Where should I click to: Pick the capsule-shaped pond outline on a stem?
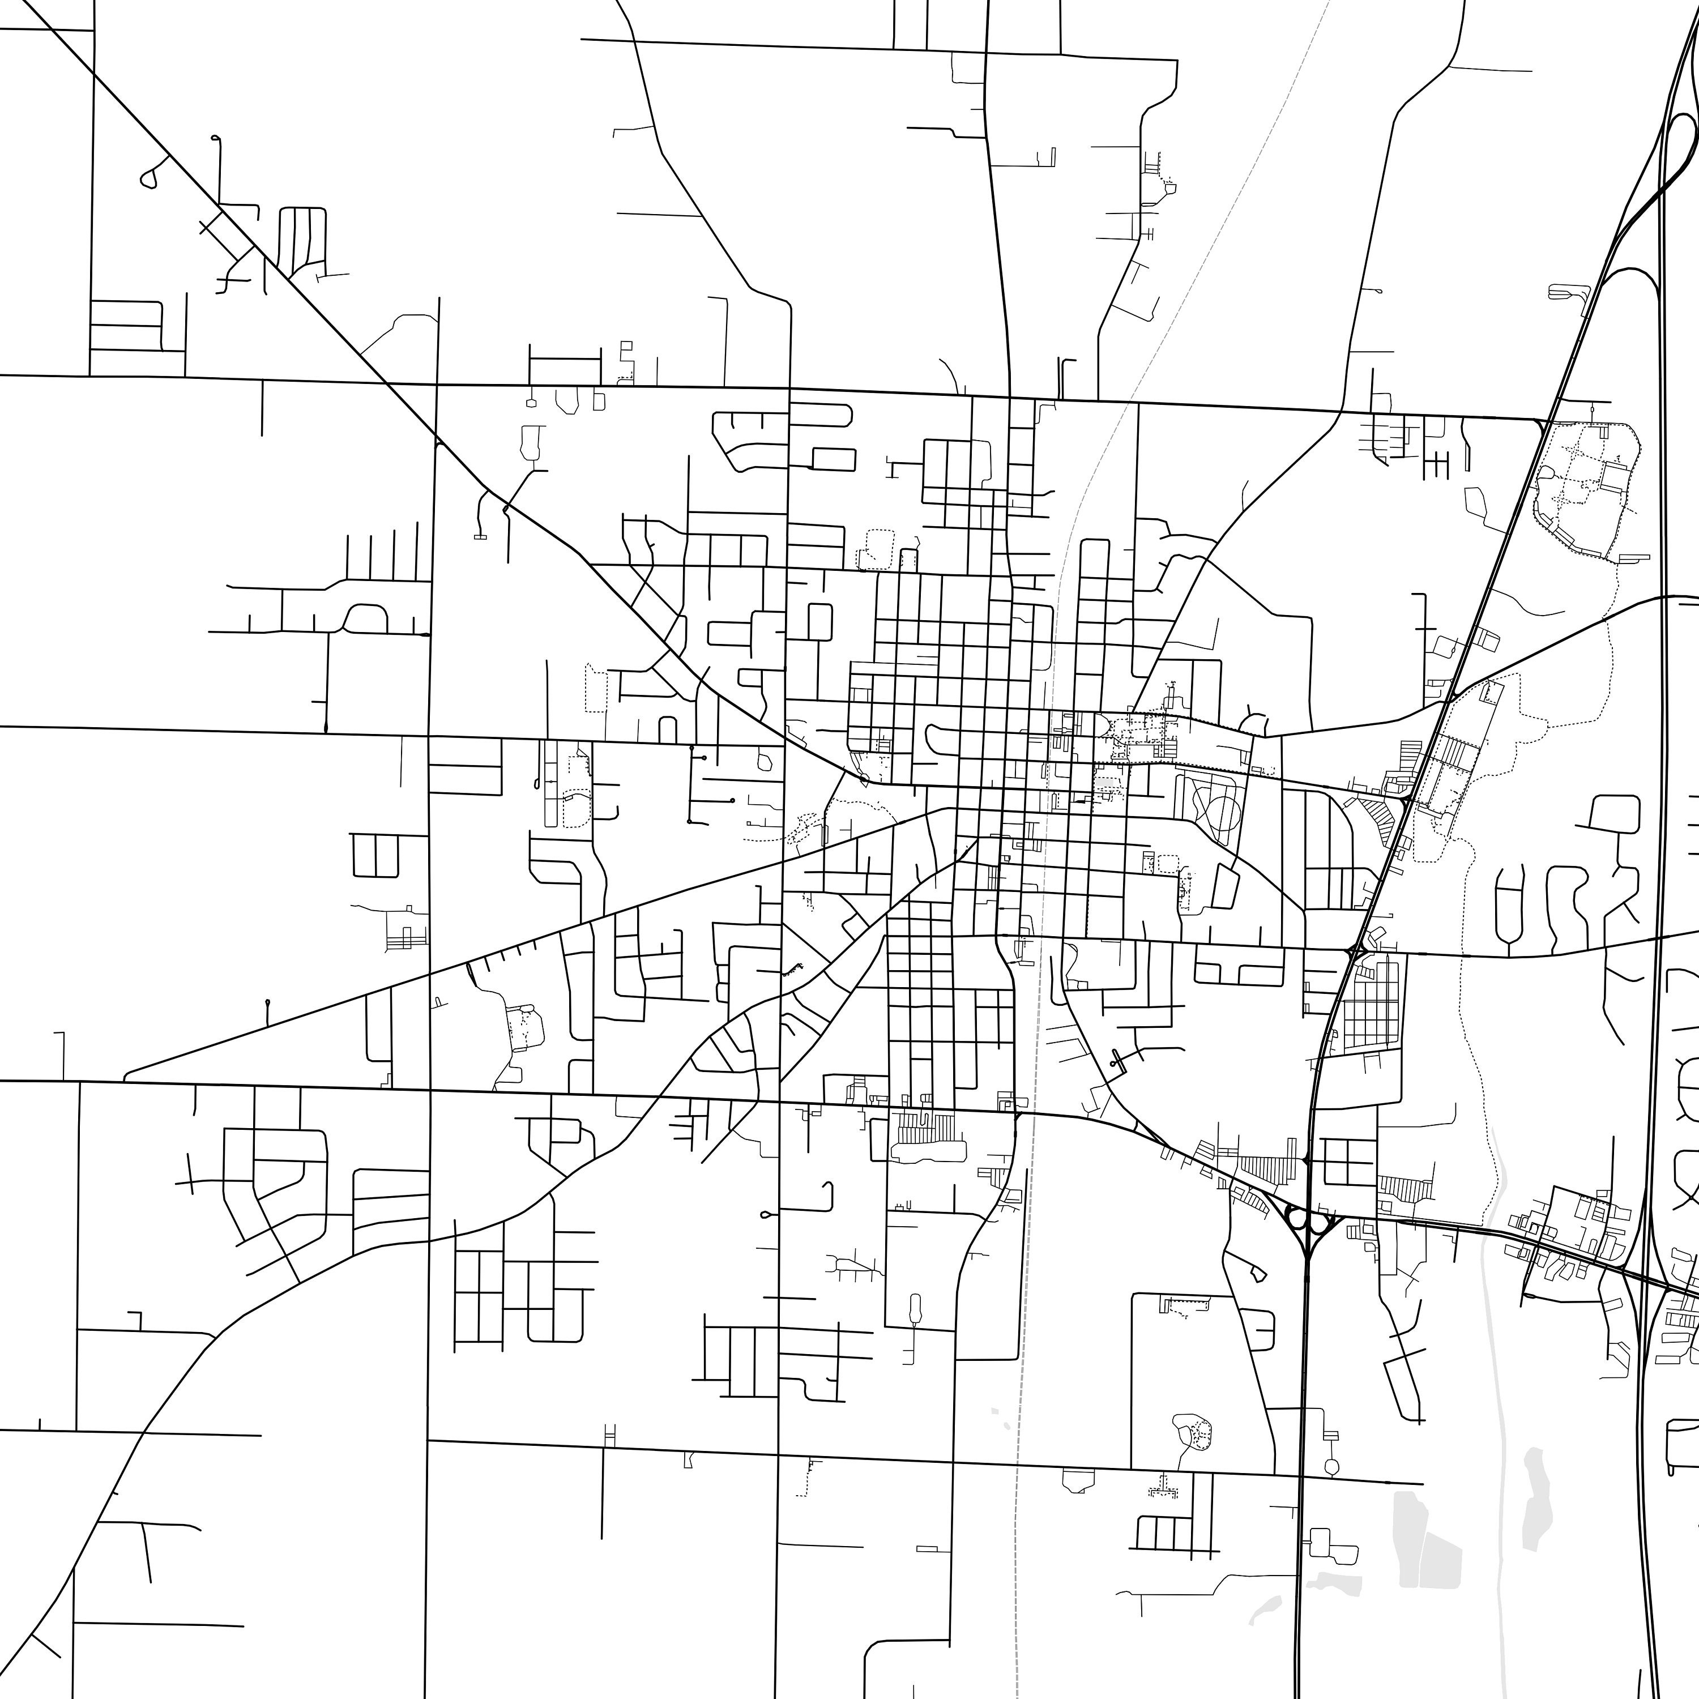[x=915, y=1309]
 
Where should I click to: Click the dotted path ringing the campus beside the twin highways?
[x=1585, y=493]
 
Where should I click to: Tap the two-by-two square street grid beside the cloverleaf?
[x=1348, y=1163]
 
